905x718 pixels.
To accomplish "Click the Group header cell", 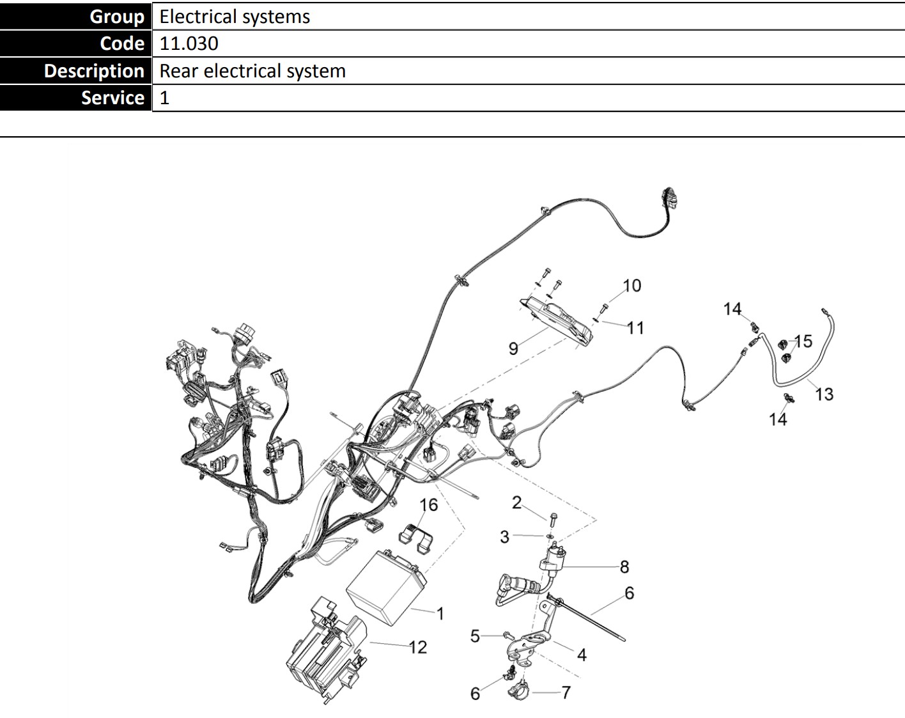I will [x=75, y=16].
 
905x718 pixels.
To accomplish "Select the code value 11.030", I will [x=189, y=43].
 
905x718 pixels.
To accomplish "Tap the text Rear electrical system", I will [x=252, y=71].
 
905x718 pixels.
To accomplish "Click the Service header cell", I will [x=75, y=98].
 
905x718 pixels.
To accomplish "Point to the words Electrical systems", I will [x=235, y=16].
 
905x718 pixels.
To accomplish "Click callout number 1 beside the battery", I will [x=440, y=614].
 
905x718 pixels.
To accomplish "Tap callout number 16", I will [x=428, y=505].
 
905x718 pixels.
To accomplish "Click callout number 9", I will [x=513, y=348].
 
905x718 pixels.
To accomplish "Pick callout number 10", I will [x=631, y=286].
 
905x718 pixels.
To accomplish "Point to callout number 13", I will [x=824, y=394].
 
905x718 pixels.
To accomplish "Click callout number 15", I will [x=803, y=341].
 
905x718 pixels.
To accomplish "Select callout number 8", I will [x=624, y=566].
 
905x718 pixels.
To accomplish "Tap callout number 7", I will [x=566, y=692].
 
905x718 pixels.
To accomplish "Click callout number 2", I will [x=516, y=503].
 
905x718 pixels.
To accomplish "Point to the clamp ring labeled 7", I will [x=518, y=691].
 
